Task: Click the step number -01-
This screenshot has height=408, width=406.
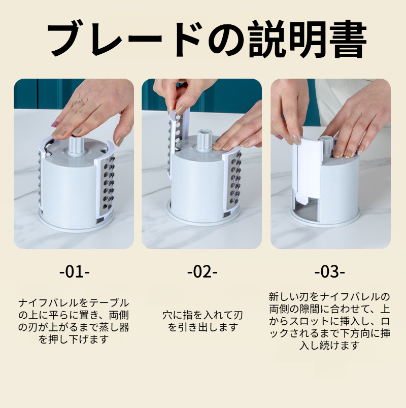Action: pyautogui.click(x=75, y=272)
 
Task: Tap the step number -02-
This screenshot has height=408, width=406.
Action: pyautogui.click(x=202, y=272)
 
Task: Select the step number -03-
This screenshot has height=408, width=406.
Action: pyautogui.click(x=330, y=272)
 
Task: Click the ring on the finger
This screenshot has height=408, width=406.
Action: pyautogui.click(x=80, y=101)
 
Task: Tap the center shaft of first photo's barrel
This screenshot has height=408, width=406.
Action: pyautogui.click(x=76, y=145)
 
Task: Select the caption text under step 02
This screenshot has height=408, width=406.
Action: pyautogui.click(x=202, y=321)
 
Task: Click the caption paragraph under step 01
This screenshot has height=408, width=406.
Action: pyautogui.click(x=74, y=321)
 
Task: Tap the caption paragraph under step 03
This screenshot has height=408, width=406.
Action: pyautogui.click(x=330, y=321)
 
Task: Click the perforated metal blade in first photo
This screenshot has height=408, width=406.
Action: pyautogui.click(x=107, y=187)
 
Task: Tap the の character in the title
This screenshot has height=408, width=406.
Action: pyautogui.click(x=225, y=40)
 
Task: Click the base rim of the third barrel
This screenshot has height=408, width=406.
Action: pyautogui.click(x=325, y=219)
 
